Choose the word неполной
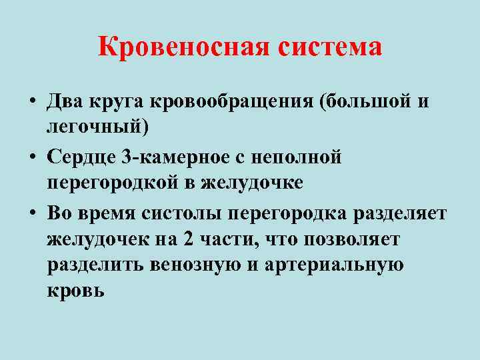coord(301,158)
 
